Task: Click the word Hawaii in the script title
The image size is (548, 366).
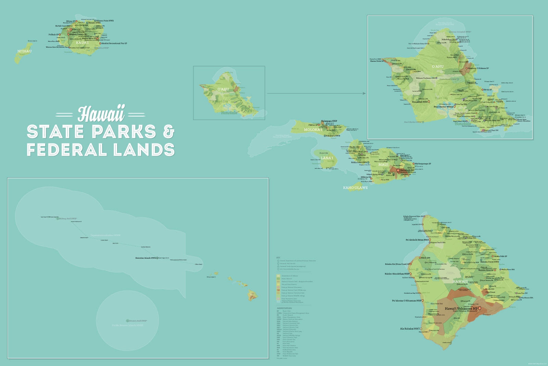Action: tap(101, 114)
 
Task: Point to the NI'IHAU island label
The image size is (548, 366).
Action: tap(24, 51)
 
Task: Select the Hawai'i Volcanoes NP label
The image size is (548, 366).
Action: tap(461, 309)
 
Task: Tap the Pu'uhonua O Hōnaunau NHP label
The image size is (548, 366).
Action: tap(407, 301)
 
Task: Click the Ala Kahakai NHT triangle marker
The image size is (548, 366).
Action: tap(422, 329)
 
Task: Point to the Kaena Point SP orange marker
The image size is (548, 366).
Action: tap(385, 61)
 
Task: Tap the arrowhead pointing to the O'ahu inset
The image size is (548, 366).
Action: tap(364, 93)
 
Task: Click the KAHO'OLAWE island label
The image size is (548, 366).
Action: tap(356, 188)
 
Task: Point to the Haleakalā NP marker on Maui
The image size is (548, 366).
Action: tap(398, 170)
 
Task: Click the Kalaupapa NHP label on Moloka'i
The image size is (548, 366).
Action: tap(329, 121)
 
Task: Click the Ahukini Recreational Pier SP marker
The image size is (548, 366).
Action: tap(100, 44)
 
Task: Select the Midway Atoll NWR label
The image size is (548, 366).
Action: tap(68, 219)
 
